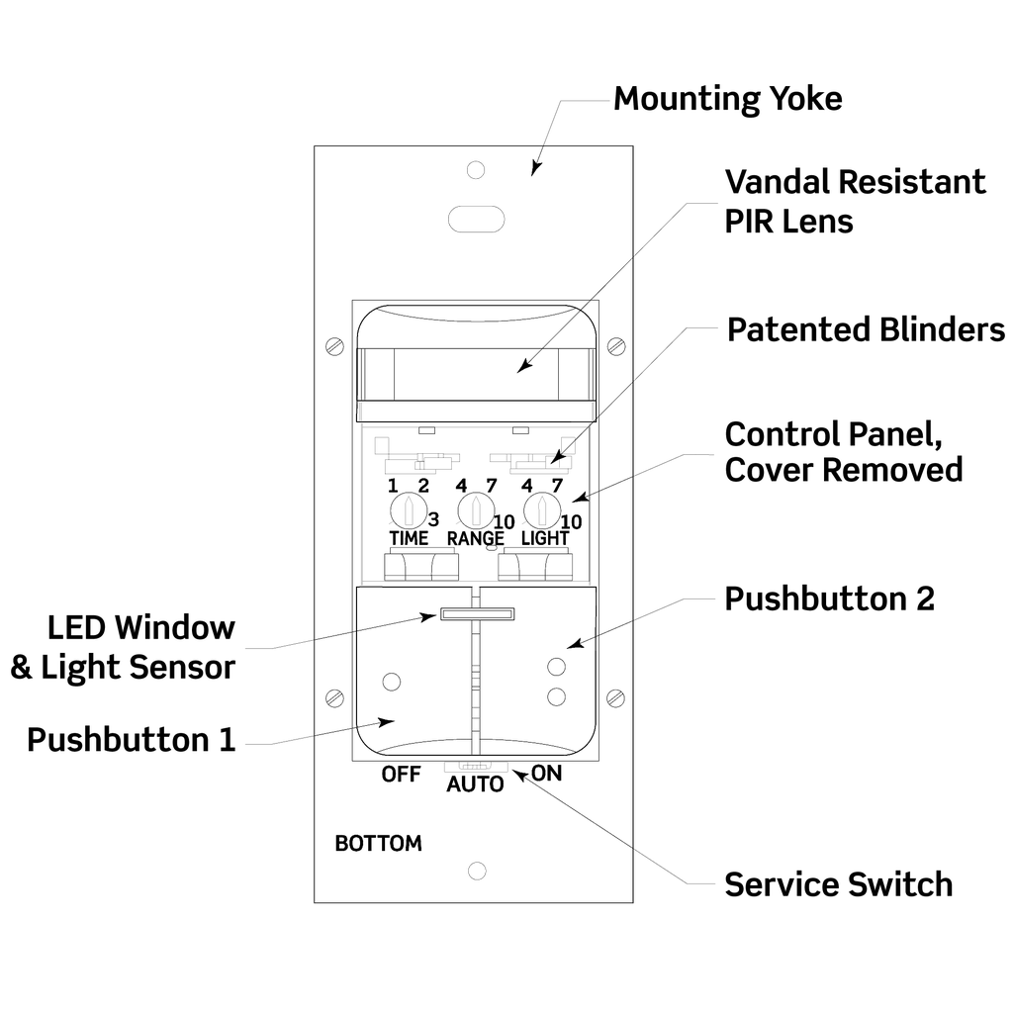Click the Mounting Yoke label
[727, 99]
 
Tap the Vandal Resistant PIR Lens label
[855, 201]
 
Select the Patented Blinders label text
[866, 329]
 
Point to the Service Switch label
[838, 883]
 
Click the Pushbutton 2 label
[829, 599]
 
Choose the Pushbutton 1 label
[132, 740]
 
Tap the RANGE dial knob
[475, 510]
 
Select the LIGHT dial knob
[540, 510]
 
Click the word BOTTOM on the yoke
[378, 844]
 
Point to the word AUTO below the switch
[475, 784]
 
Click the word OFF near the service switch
[402, 774]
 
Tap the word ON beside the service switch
[546, 773]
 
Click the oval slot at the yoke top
[477, 219]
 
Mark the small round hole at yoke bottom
[477, 871]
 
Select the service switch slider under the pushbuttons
[476, 766]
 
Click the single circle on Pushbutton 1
[392, 682]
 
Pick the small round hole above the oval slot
[476, 169]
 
